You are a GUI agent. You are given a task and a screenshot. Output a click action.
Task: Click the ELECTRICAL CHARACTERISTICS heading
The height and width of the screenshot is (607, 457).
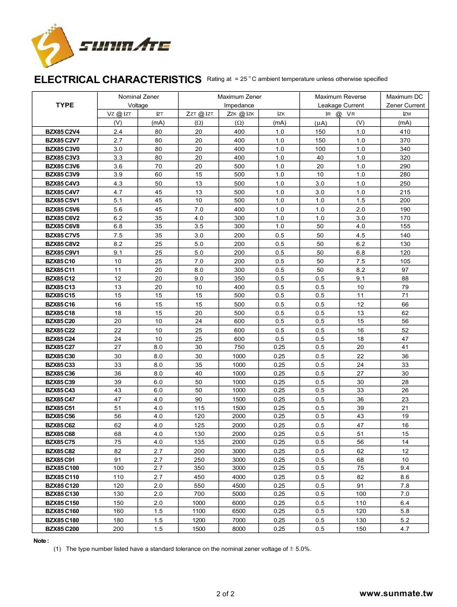pyautogui.click(x=118, y=79)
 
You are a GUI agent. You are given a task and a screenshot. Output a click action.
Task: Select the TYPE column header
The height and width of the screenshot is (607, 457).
pyautogui.click(x=65, y=105)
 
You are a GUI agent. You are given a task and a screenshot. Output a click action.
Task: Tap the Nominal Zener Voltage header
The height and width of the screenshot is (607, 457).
pyautogui.click(x=138, y=101)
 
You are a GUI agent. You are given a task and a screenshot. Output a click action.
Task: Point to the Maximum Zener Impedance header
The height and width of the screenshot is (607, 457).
pyautogui.click(x=239, y=101)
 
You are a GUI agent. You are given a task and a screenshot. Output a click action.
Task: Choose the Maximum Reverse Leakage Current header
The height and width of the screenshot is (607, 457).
pyautogui.click(x=340, y=101)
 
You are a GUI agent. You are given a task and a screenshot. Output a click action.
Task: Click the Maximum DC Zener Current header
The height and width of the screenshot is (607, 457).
pyautogui.click(x=405, y=101)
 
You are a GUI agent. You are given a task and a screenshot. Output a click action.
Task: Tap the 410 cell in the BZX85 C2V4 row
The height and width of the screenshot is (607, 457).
pyautogui.click(x=405, y=132)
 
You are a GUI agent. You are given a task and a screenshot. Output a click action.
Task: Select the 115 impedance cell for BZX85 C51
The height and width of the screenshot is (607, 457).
pyautogui.click(x=199, y=408)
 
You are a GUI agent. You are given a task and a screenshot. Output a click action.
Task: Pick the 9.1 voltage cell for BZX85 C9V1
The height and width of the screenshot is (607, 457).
pyautogui.click(x=118, y=253)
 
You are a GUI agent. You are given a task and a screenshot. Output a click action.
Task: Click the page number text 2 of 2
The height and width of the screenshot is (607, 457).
pyautogui.click(x=225, y=594)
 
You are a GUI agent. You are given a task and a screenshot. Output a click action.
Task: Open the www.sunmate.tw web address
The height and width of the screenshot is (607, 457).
pyautogui.click(x=395, y=594)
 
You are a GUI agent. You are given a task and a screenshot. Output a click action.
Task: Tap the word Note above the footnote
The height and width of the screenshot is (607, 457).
pyautogui.click(x=41, y=541)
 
